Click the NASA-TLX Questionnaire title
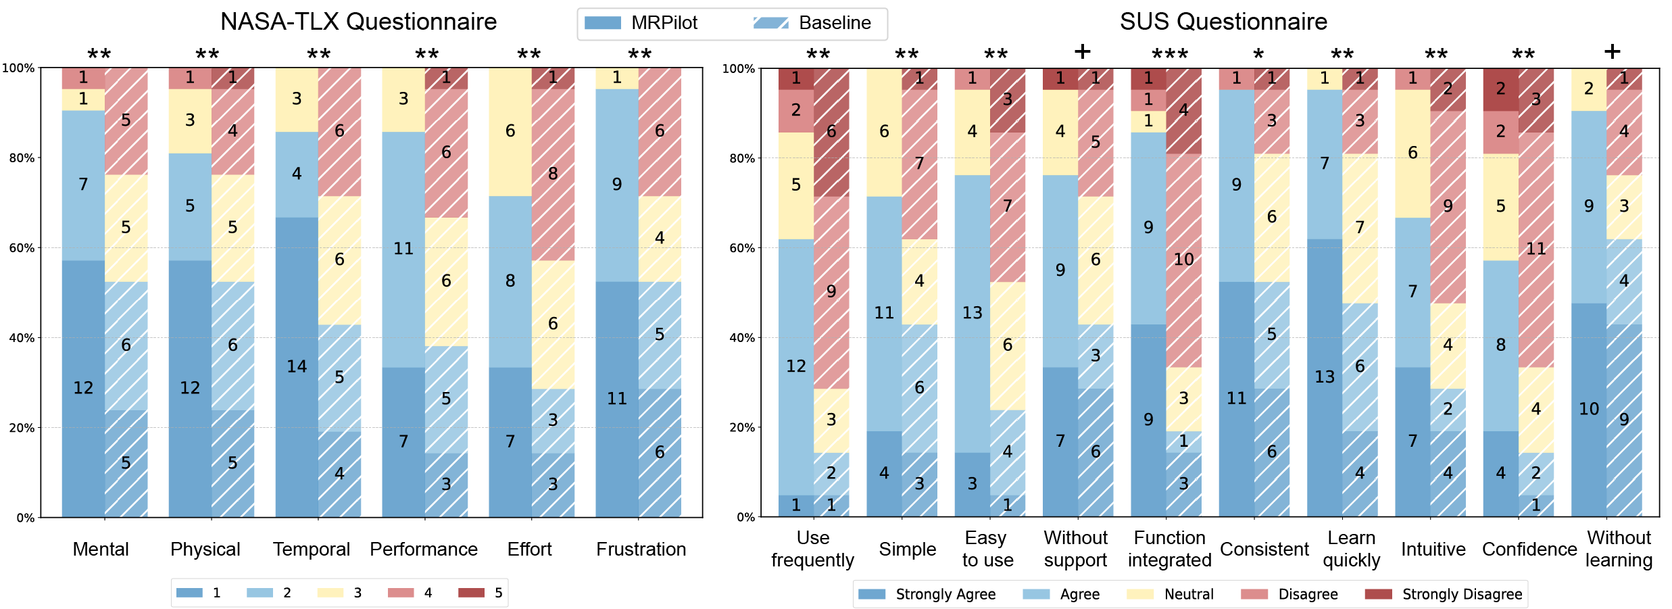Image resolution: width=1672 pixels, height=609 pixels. (358, 22)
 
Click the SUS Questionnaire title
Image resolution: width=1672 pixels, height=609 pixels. (1223, 22)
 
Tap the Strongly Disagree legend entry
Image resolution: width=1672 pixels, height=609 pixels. (1446, 594)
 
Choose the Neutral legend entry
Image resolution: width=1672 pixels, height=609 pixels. (1173, 594)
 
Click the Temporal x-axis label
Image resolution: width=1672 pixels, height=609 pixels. (312, 549)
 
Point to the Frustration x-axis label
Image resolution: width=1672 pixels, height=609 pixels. (641, 549)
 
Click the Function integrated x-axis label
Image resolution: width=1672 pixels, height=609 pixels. (1169, 549)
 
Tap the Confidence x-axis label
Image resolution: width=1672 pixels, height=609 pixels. (1529, 549)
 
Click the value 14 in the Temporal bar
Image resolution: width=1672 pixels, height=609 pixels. (297, 366)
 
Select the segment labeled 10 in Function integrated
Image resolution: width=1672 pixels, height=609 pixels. (1183, 260)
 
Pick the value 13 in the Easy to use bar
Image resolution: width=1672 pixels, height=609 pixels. (972, 313)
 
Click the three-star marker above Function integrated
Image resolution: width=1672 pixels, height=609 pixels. (1170, 54)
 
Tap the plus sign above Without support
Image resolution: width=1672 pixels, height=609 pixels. (1082, 52)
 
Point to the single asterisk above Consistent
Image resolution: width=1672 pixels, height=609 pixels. (1258, 54)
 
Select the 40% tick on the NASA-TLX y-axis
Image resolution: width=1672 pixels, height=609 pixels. (21, 338)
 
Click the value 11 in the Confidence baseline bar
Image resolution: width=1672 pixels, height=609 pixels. (1535, 249)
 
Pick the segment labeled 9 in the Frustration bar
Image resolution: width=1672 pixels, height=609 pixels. (616, 185)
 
